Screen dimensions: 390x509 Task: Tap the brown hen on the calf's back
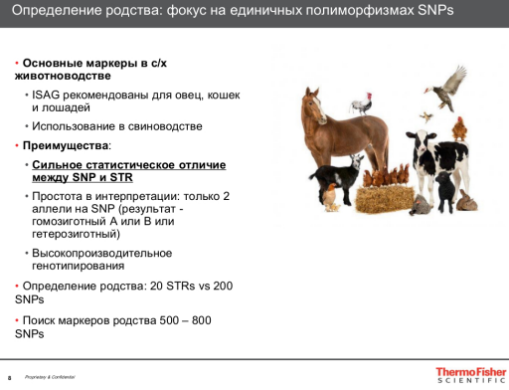[x=458, y=128]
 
